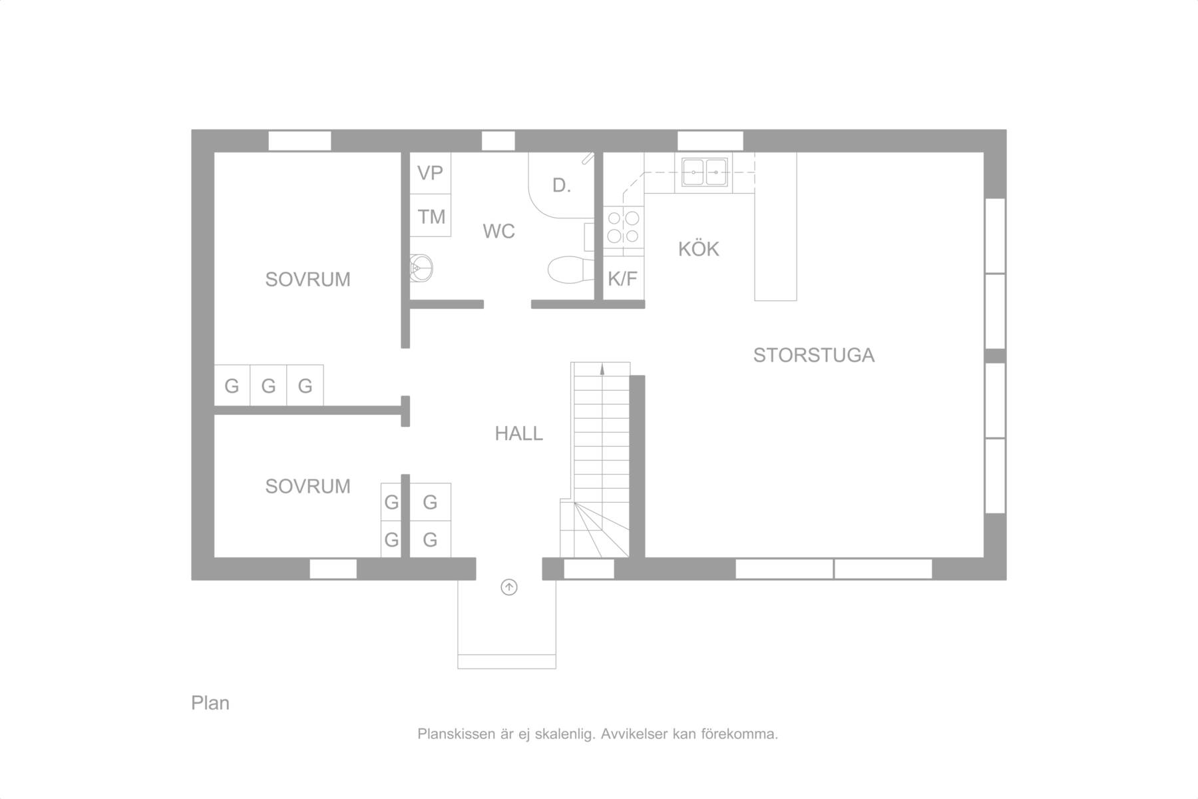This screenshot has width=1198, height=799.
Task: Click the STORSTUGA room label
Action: [813, 355]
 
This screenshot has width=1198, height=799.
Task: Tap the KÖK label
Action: [699, 248]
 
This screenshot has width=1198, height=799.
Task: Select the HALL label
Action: [518, 433]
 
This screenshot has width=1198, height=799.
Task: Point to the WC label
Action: [499, 231]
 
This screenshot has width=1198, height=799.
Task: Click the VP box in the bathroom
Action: [430, 173]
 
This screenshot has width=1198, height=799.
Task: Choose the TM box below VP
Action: [430, 216]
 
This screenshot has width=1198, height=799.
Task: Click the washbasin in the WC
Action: [421, 268]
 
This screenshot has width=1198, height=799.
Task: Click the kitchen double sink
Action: [704, 172]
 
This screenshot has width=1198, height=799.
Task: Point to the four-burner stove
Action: [624, 226]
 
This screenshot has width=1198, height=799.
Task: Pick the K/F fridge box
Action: [623, 278]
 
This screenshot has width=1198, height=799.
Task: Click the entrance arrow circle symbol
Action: [509, 587]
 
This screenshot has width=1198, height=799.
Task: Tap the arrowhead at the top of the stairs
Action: [602, 369]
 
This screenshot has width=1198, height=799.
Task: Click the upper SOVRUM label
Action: [307, 279]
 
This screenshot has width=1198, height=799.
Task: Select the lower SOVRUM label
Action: [307, 486]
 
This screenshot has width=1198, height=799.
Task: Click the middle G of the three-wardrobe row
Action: [268, 386]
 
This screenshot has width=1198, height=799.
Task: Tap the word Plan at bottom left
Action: [210, 703]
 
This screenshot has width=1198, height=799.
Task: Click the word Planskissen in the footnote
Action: [456, 734]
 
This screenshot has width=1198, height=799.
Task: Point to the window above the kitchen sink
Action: [710, 141]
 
